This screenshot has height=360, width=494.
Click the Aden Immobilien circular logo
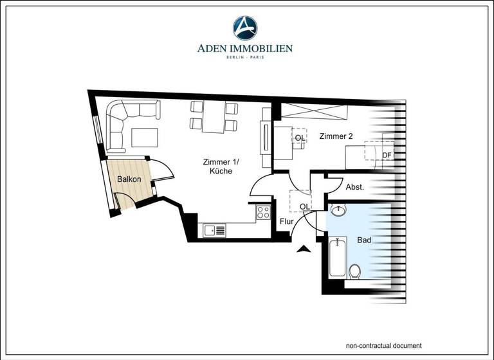245,28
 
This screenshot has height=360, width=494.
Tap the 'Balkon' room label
129,179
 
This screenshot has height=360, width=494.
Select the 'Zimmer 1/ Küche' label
217,166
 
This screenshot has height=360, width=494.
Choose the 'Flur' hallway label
286,222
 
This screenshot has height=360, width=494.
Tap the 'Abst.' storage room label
355,188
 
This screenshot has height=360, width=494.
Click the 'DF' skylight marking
387,155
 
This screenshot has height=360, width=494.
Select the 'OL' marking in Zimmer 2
300,138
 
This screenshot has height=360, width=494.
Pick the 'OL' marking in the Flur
304,206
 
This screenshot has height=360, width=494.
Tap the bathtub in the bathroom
337,258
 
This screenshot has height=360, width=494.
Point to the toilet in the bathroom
354,271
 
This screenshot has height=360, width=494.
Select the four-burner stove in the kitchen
263,212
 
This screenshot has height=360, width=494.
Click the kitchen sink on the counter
214,230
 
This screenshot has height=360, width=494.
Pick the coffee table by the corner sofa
145,138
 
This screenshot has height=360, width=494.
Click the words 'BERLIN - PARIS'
244,58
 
